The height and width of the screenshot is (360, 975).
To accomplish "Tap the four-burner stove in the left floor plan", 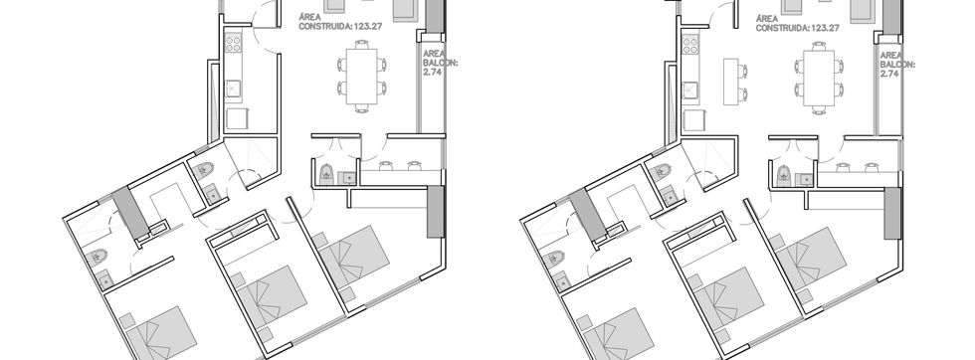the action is (x=233, y=43).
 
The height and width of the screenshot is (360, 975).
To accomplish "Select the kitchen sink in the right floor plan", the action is (x=690, y=90).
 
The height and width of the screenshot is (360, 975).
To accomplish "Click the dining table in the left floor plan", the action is (x=362, y=77).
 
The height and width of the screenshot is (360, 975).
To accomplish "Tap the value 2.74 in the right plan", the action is (x=889, y=74).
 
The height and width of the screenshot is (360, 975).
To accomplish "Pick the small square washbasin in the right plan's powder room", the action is (x=807, y=179).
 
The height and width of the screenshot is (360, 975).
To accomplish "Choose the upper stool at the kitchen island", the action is (x=743, y=70).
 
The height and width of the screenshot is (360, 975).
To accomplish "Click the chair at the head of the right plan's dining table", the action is (x=819, y=45).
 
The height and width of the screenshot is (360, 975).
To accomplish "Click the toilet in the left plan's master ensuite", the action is (x=98, y=257).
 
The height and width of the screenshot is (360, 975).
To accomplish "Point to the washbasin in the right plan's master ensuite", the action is (x=563, y=281).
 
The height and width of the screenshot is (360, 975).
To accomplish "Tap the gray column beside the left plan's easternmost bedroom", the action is (x=436, y=212).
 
